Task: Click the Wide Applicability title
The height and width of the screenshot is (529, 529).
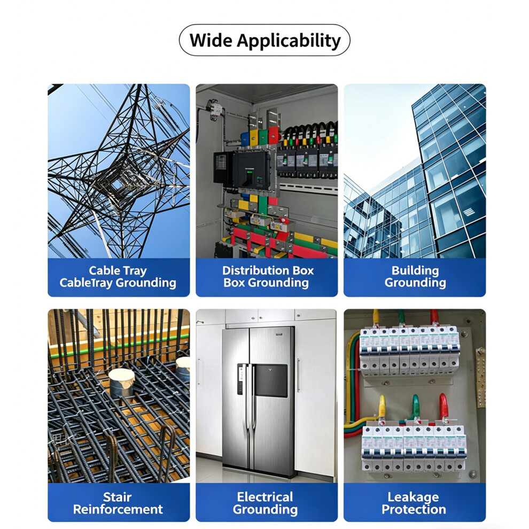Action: [265, 41]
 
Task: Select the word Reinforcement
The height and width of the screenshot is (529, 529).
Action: [118, 509]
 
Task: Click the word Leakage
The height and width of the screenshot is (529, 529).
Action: [413, 497]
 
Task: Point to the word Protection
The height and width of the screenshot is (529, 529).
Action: [414, 509]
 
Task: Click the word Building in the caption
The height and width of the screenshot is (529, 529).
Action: [415, 270]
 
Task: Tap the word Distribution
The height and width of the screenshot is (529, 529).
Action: [255, 270]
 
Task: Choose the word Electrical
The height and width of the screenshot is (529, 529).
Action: [265, 497]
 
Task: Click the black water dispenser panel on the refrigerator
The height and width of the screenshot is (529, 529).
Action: [271, 380]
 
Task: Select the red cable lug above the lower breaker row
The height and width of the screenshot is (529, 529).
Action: [444, 407]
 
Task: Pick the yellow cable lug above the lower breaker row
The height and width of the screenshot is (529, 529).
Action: [382, 407]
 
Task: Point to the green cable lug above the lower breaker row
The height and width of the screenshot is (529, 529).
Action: [416, 407]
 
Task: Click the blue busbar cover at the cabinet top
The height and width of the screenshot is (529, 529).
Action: [245, 139]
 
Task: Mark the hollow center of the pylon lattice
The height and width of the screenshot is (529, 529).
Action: [117, 184]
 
